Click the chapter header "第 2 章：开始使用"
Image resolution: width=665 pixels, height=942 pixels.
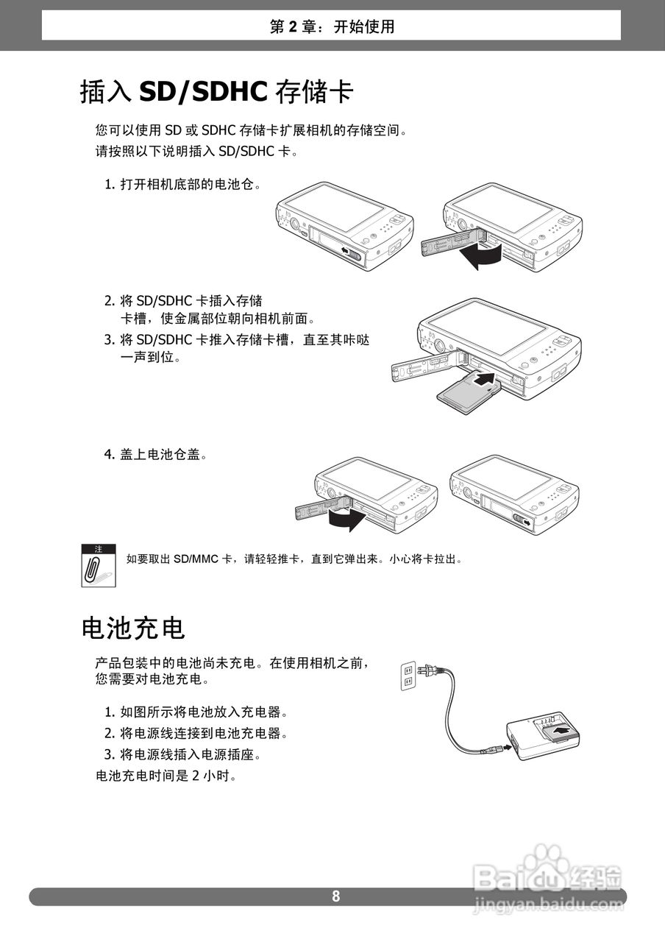[332, 27]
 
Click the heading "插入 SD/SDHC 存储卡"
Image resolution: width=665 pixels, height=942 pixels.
[217, 93]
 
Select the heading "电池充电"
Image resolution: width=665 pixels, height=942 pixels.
[132, 628]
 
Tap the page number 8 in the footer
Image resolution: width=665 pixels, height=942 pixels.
[336, 896]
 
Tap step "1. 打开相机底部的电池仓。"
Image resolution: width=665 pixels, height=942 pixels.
[182, 184]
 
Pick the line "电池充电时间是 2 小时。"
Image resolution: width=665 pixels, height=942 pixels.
[166, 776]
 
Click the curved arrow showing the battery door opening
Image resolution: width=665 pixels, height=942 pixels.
[479, 256]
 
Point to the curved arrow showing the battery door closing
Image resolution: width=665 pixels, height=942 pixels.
[345, 521]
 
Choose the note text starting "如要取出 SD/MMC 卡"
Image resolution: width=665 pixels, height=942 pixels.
[294, 559]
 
